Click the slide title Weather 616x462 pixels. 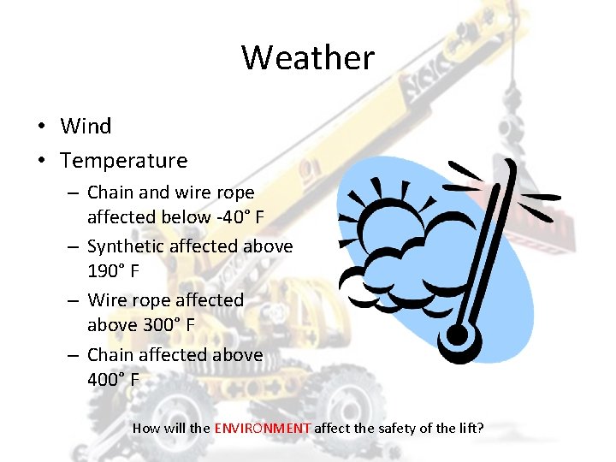308,58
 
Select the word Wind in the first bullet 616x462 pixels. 86,127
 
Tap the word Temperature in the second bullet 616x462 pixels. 124,161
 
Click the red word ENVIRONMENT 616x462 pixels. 263,427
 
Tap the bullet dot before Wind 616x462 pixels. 40,127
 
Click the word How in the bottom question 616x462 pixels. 146,427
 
